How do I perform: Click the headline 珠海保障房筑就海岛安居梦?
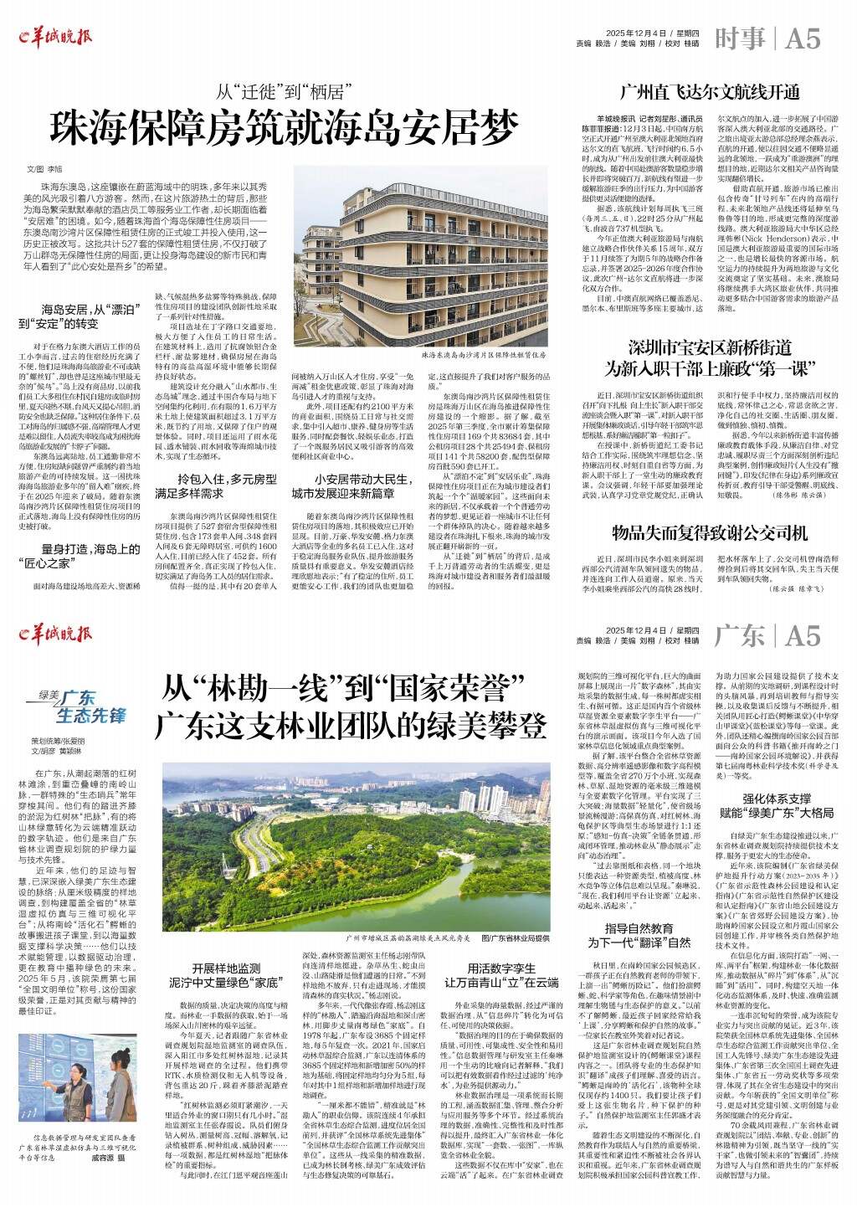[284, 126]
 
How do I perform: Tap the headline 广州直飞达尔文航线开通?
[709, 92]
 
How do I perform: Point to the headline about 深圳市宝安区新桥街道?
[709, 356]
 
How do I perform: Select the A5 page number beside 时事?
[803, 39]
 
